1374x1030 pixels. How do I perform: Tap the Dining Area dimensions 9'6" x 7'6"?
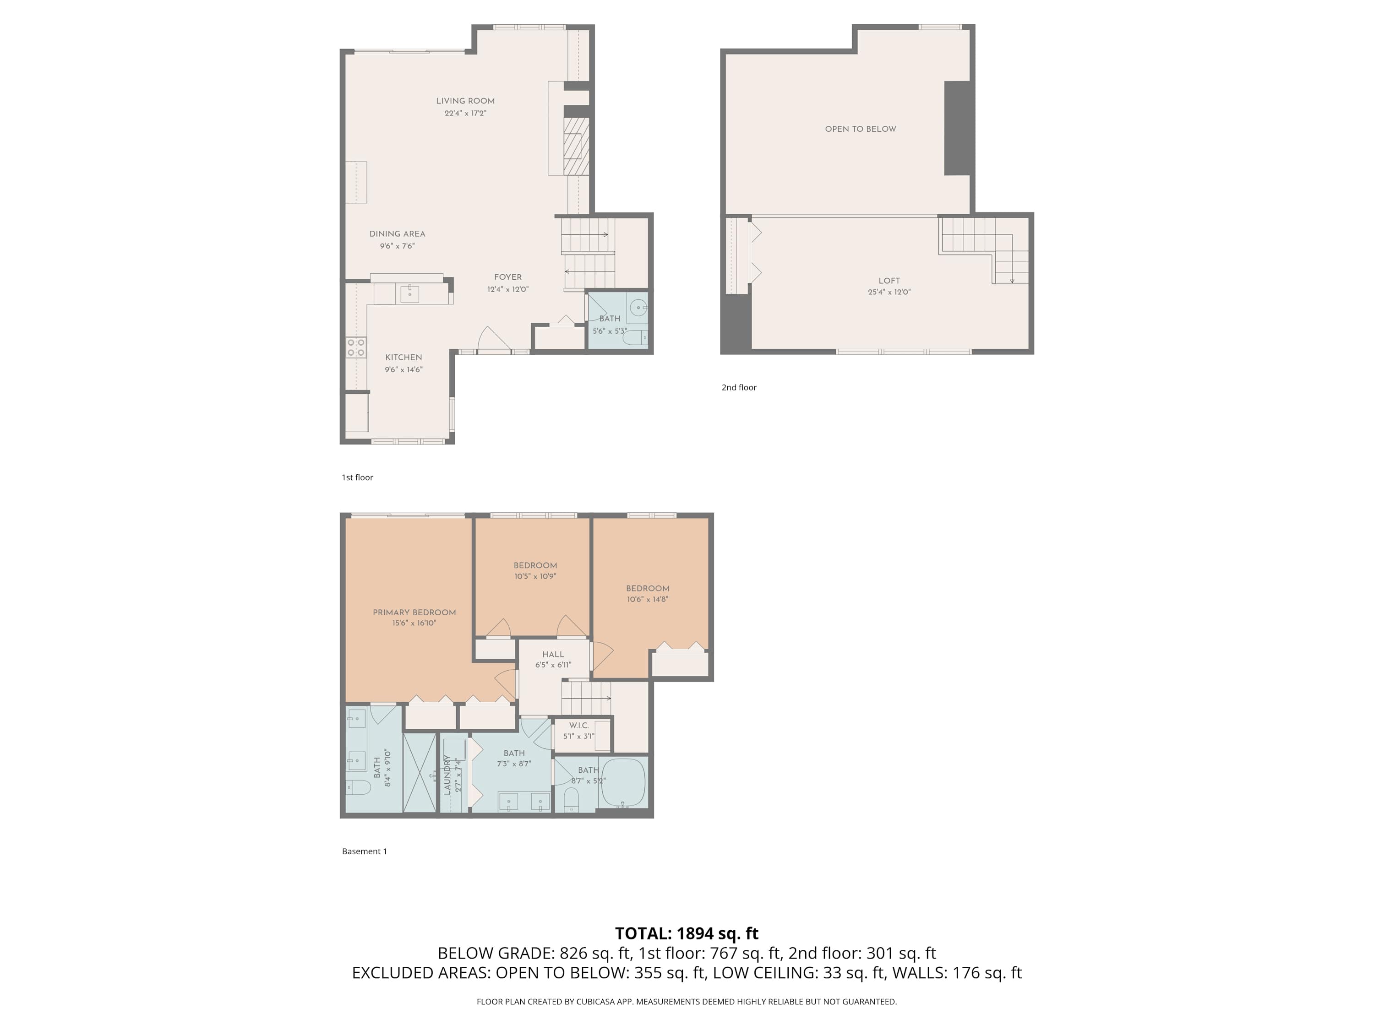point(397,246)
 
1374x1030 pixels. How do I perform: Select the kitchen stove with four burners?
point(356,347)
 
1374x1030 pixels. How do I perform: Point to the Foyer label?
point(507,277)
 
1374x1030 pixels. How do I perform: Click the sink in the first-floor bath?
point(638,307)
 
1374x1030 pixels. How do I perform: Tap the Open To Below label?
point(860,129)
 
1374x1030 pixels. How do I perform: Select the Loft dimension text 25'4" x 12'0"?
point(889,292)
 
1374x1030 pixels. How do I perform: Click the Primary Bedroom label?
point(414,612)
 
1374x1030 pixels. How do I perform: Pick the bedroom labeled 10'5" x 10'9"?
point(535,570)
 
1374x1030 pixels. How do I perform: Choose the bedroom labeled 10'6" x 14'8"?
point(647,594)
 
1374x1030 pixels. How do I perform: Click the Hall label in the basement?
point(553,654)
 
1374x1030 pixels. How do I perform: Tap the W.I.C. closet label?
point(578,725)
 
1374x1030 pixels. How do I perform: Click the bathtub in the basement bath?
point(624,782)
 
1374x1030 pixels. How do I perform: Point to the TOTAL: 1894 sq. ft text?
point(687,933)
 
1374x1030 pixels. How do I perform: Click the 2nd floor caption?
point(739,387)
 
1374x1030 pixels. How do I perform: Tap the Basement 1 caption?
point(364,851)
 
